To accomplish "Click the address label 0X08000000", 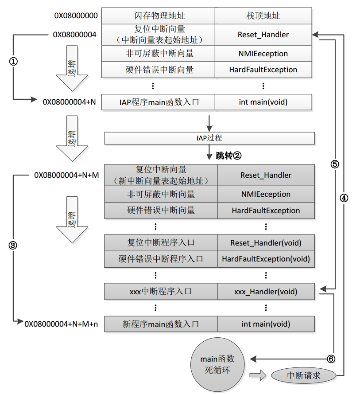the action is coord(76,16).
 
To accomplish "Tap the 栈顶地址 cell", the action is coord(263,16).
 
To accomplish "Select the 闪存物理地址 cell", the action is coord(158,16).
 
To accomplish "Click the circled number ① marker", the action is coord(13,61).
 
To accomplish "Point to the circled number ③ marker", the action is coord(13,245).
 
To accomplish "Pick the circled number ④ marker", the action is coord(344,198).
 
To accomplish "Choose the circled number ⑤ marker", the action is coord(335,164).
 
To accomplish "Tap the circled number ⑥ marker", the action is coord(331,359).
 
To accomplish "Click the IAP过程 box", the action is coord(209,138).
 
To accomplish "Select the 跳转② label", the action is coord(228,156).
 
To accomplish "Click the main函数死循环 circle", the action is coord(217,364).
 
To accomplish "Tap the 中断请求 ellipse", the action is coord(303,376).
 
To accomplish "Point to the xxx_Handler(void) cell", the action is coord(266,292).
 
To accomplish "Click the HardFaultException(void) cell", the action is coord(266,259).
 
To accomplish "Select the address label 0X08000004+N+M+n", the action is coord(61,324).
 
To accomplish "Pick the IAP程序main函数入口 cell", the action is coord(158,102).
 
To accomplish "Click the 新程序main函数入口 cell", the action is coord(161,324).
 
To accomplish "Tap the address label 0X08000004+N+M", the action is coord(66,175).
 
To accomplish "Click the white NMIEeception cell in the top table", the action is coord(263,54).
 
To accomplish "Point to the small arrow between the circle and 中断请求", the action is coord(258,375).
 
